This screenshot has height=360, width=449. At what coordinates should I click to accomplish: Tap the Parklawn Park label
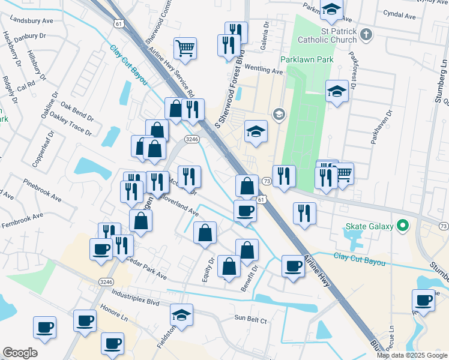[x=307, y=60]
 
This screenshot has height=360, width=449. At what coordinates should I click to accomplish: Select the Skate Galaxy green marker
[x=403, y=226]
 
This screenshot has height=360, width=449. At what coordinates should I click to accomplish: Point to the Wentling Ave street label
[x=263, y=71]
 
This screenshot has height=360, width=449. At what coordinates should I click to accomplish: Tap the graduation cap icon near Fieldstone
[x=182, y=314]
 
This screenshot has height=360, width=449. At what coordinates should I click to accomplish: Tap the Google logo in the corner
[x=20, y=353]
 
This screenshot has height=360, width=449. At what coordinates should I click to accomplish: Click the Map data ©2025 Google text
[x=412, y=355]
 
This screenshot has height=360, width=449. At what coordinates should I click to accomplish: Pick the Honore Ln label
[x=116, y=315]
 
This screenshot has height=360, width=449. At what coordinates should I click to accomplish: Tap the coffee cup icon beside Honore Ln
[x=85, y=320]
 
